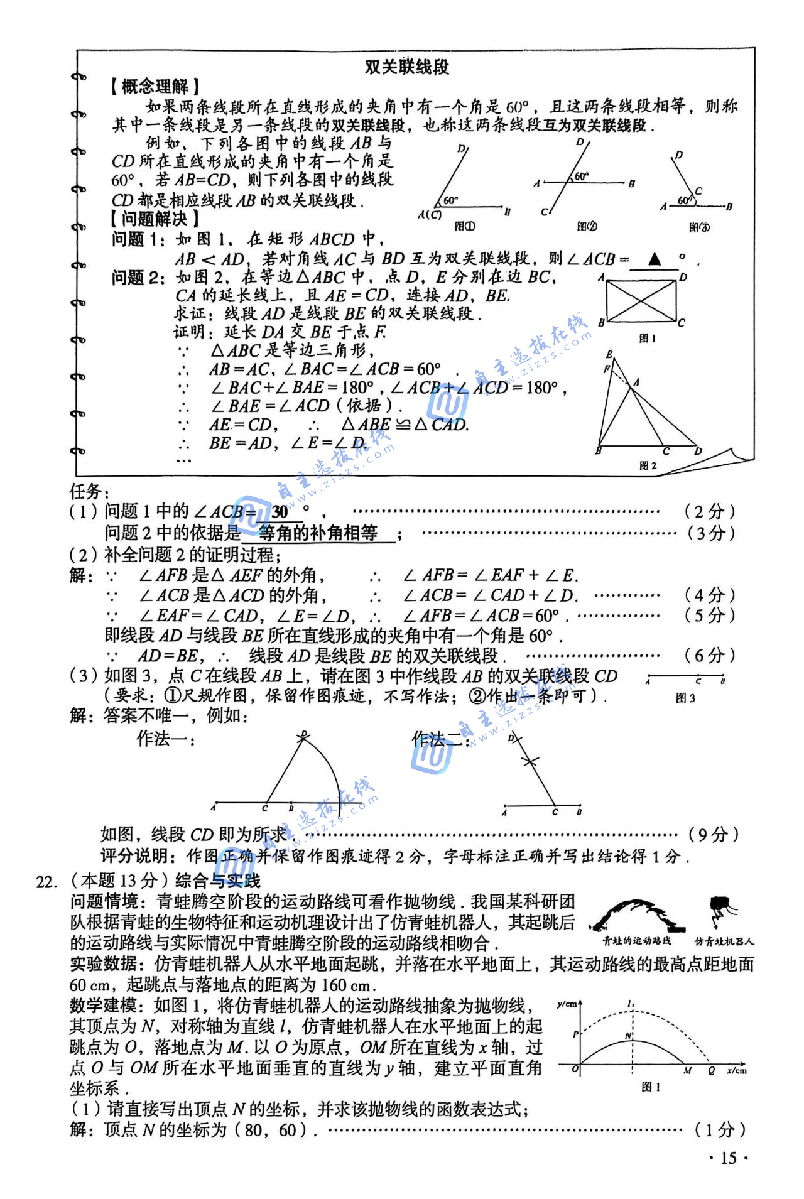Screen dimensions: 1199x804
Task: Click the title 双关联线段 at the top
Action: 407,67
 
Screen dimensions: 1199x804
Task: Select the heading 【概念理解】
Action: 155,87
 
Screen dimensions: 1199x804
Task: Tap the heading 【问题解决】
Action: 155,219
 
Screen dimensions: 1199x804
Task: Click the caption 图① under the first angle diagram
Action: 465,226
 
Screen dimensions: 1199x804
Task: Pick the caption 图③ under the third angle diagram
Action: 699,227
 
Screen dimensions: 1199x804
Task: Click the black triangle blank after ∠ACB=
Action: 655,259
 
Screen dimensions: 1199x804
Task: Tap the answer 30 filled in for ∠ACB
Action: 280,511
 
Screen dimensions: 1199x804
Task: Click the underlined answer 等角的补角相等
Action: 318,533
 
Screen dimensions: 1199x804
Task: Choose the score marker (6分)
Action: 709,656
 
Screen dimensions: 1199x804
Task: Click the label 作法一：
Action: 166,739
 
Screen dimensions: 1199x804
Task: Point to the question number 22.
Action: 46,882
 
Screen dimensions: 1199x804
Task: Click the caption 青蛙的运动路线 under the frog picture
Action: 636,941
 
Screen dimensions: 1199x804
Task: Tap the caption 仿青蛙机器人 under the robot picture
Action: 724,941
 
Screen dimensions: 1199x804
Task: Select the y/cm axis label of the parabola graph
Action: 567,1004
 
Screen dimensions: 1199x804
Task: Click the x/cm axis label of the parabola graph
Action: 736,1071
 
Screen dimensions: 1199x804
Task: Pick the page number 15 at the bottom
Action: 728,1158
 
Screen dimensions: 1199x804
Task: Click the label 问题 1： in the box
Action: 139,239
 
